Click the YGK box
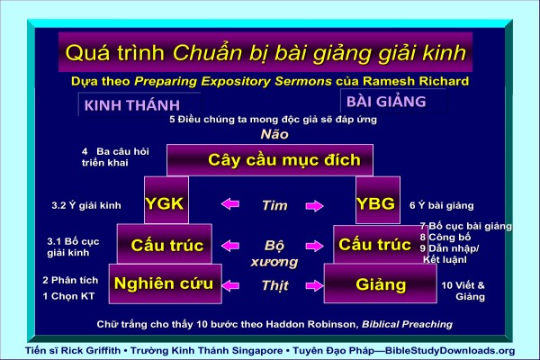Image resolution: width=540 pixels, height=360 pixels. coord(166,200)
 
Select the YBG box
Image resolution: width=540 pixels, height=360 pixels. coord(378,200)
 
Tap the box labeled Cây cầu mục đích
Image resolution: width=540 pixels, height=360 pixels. coord(270,160)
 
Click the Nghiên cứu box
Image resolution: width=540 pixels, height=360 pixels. coord(166,283)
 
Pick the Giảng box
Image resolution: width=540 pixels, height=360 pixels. coord(381,283)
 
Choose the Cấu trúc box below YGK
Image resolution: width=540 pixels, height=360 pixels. coord(165,244)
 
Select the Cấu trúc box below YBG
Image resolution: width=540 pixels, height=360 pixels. coord(376,245)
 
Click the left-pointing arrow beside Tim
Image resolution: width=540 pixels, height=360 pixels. coord(230,204)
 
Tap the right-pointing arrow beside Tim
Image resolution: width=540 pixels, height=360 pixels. coord(314,206)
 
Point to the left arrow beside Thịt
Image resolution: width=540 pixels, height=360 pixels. coord(230,285)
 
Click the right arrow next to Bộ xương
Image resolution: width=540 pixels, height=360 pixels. coord(314,246)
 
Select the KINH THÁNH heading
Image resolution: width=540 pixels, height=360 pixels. coord(132,105)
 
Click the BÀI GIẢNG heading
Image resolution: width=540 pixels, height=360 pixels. coord(386,102)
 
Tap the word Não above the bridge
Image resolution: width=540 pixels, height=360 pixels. coord(274,134)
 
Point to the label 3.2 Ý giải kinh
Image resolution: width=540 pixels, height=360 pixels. coord(86,206)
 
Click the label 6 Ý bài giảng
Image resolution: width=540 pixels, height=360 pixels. coord(442,206)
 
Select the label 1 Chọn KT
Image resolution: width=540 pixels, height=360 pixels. coord(68,296)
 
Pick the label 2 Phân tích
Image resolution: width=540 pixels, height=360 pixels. coord(70,280)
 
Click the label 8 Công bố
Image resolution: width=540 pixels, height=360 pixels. coord(445,237)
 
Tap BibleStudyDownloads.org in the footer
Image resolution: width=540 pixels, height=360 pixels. coord(450,351)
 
